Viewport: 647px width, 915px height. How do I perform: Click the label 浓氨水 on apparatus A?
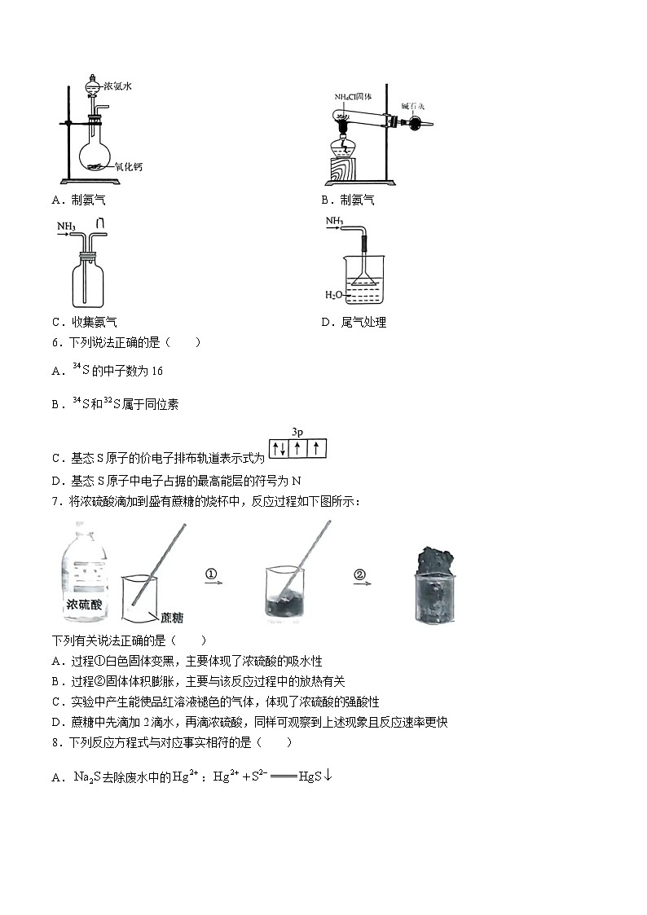tap(117, 86)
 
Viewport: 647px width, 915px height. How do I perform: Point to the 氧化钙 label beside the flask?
tap(128, 167)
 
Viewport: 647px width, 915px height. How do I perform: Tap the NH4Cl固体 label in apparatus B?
tap(353, 97)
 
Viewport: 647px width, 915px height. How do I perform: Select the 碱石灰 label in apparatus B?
tap(414, 106)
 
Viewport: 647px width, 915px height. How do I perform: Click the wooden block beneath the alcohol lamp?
tap(345, 172)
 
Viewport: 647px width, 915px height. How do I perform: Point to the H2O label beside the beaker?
tap(334, 294)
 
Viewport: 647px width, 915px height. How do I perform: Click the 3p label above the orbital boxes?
tap(297, 431)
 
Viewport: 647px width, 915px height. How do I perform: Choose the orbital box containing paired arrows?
tap(278, 447)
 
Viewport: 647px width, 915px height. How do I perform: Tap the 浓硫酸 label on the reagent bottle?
tap(87, 605)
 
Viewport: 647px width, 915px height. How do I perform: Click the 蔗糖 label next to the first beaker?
tap(172, 618)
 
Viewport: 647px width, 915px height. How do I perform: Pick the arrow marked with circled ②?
tap(361, 578)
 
